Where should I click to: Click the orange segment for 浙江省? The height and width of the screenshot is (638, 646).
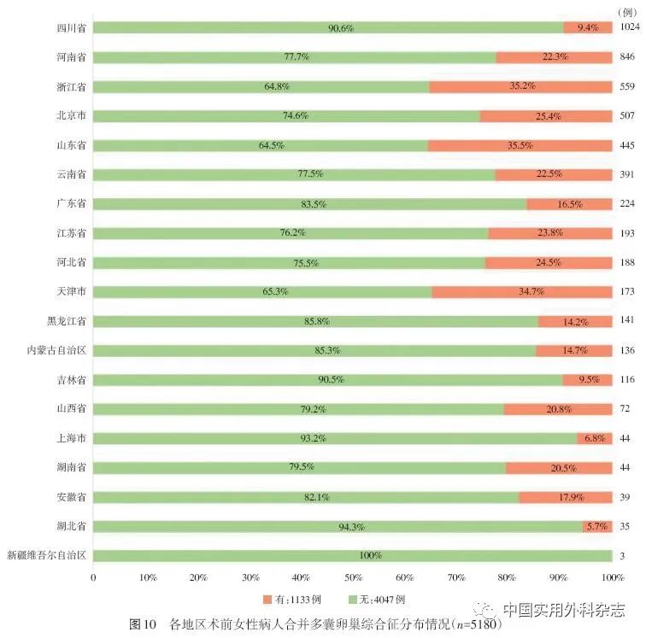(520, 86)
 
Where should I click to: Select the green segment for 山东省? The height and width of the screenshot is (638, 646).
(260, 145)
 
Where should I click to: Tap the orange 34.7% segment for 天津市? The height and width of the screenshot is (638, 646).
(521, 291)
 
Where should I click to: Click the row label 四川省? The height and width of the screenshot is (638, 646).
(69, 28)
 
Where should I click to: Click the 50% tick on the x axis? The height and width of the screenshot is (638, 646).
(353, 578)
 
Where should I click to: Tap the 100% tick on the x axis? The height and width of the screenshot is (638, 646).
(612, 578)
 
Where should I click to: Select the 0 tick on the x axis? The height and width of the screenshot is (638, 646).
(92, 578)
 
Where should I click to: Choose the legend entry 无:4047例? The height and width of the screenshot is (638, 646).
(377, 598)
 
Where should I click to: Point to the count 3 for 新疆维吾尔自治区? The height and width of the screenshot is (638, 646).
(624, 555)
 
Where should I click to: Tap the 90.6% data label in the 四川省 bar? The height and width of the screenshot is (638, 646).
(341, 28)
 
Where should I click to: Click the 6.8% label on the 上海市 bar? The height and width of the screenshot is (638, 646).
(593, 438)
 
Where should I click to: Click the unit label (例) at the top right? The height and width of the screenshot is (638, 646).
(627, 9)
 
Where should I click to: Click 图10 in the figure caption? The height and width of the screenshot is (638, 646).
(143, 623)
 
